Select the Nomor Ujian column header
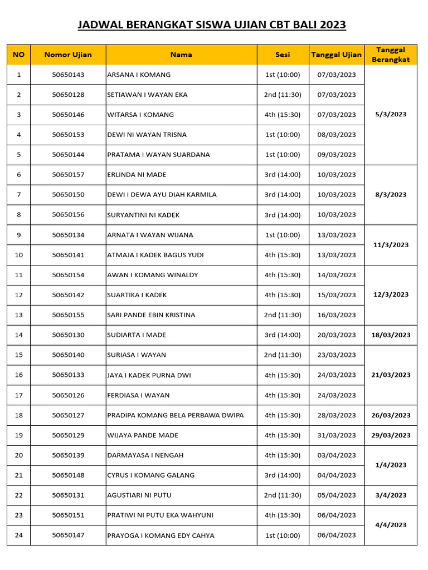(x=68, y=55)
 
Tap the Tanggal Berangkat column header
(x=390, y=55)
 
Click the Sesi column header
(x=283, y=55)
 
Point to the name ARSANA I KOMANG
(x=139, y=75)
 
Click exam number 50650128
(x=68, y=95)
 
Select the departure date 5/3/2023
(x=390, y=115)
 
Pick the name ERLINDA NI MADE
(x=137, y=175)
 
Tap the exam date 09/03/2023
(x=336, y=155)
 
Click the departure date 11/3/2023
(x=390, y=245)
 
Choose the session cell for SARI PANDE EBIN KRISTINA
(x=283, y=315)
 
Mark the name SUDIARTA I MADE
(x=137, y=335)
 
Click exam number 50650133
(x=68, y=375)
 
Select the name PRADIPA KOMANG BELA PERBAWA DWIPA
(x=175, y=415)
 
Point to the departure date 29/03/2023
(x=390, y=435)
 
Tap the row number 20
(x=19, y=455)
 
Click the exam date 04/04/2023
(x=336, y=475)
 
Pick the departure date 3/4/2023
(x=390, y=495)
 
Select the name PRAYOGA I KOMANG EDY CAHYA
(x=160, y=535)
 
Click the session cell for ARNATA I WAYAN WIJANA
(x=283, y=235)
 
